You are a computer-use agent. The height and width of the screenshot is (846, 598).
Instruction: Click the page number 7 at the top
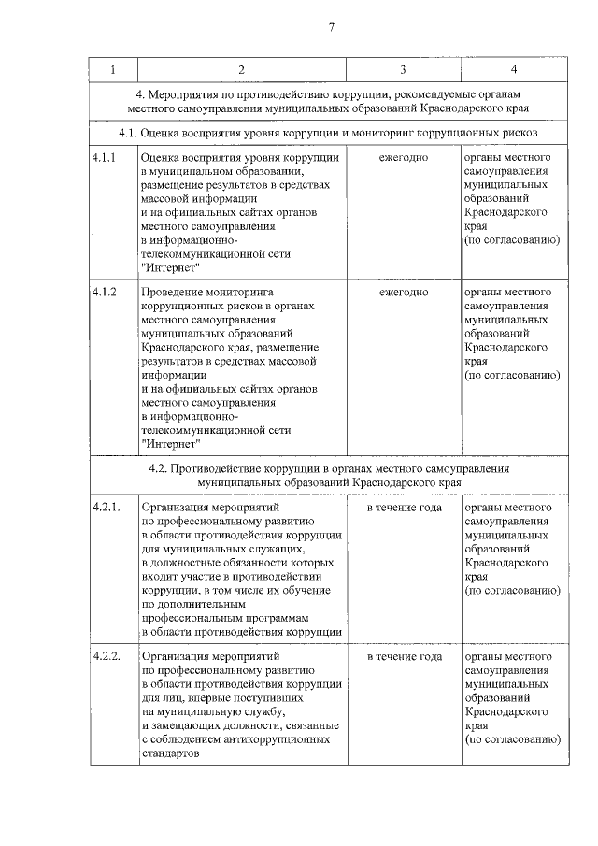pyautogui.click(x=331, y=27)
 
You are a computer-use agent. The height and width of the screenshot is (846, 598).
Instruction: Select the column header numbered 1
pyautogui.click(x=113, y=71)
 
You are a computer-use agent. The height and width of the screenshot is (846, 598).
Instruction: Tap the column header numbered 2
pyautogui.click(x=240, y=71)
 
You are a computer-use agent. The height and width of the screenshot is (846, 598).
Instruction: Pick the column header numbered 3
pyautogui.click(x=403, y=71)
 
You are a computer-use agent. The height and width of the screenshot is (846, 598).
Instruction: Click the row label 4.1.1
pyautogui.click(x=104, y=158)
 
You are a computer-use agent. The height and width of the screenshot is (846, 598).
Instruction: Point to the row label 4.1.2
pyautogui.click(x=104, y=293)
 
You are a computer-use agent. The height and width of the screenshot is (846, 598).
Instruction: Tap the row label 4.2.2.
pyautogui.click(x=106, y=657)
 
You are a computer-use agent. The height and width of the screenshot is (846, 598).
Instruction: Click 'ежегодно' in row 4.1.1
pyautogui.click(x=404, y=158)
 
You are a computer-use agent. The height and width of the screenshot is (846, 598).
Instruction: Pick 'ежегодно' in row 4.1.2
pyautogui.click(x=404, y=293)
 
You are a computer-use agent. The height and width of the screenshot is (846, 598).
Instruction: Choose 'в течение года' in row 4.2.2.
pyautogui.click(x=404, y=657)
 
